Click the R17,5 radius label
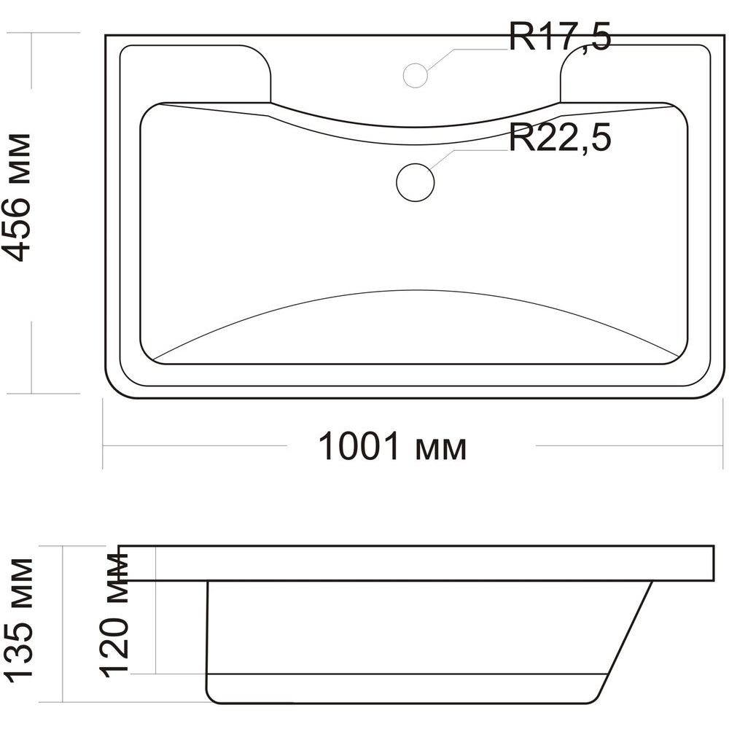[x=559, y=36]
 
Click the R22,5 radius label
[x=559, y=137]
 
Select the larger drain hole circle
[x=416, y=183]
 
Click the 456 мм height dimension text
[x=17, y=198]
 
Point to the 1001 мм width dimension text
[x=392, y=446]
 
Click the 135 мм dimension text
[x=19, y=620]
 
